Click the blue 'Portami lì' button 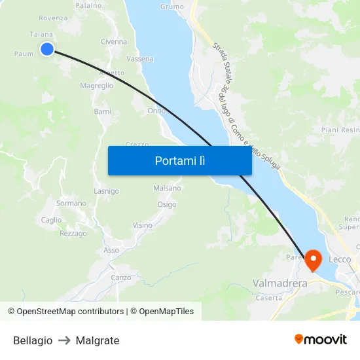coord(179,160)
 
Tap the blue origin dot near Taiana coord(47,49)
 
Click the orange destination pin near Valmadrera coord(313,261)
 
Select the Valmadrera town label coord(280,283)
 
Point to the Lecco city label coord(340,259)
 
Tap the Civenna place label coord(114,42)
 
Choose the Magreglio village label coord(96,86)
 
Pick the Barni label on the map coord(103,112)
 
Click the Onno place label coord(156,111)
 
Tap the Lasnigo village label coord(106,191)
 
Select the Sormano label coord(71,204)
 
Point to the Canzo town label coord(120,278)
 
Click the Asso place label coord(111,250)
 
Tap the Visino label coord(142,225)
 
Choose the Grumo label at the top coord(171,7)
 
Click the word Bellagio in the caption coord(33,340)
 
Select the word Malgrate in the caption coord(98,340)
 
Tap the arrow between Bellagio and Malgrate coord(64,340)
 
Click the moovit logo coord(321,339)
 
